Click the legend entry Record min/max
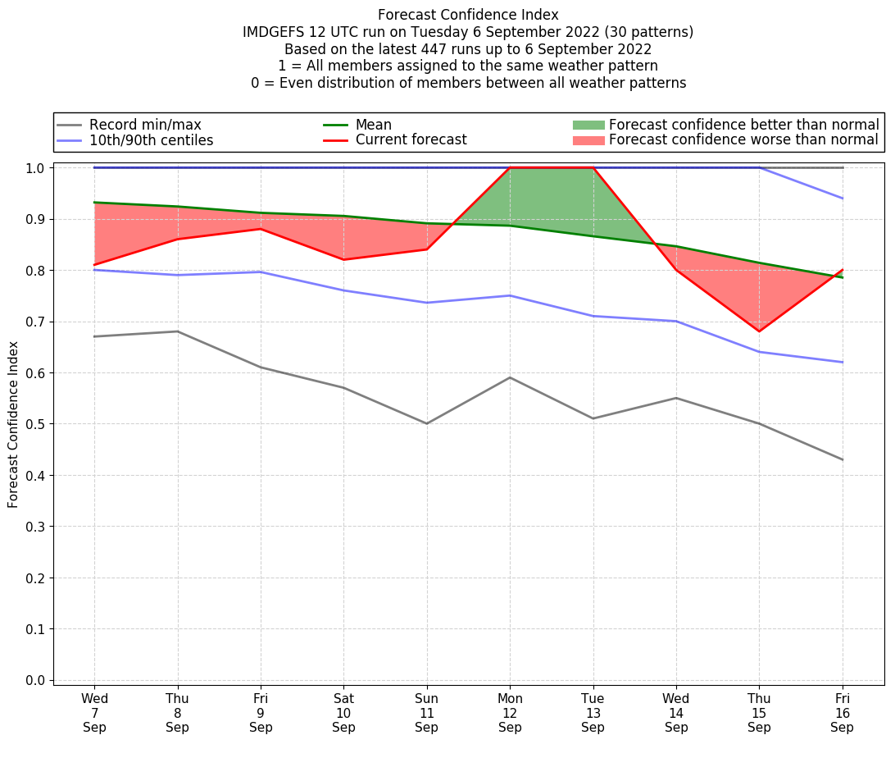(145, 125)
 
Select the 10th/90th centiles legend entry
(151, 140)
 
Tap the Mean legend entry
(373, 125)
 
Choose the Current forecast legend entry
(411, 140)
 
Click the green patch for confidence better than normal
(588, 125)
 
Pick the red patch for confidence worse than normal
(588, 140)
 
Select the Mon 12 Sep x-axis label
(510, 712)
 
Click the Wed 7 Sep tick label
(94, 712)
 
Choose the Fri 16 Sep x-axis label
(843, 712)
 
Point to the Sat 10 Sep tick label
(343, 712)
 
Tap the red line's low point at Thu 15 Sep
(760, 331)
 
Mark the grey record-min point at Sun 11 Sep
(427, 423)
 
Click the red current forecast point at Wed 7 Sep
(94, 265)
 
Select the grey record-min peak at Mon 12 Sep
(510, 377)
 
